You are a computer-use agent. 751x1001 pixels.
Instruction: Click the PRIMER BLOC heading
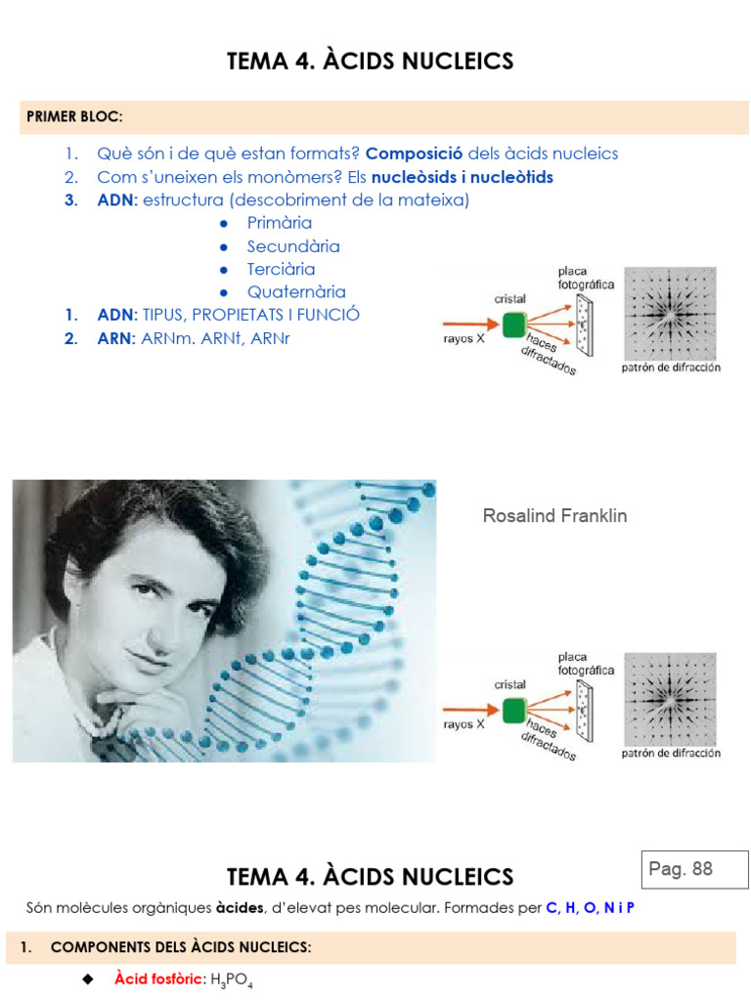74,117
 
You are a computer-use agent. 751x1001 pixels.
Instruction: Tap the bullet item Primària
280,223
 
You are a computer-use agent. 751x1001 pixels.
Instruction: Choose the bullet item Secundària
293,246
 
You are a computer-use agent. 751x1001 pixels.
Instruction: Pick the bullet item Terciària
281,269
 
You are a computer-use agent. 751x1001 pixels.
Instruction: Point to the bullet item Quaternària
296,291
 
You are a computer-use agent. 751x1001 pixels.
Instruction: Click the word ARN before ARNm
115,338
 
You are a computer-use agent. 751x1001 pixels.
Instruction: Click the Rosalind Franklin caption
554,516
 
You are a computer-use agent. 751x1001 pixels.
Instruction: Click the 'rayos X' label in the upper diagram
464,339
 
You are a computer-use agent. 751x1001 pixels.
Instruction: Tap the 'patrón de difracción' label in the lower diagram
671,754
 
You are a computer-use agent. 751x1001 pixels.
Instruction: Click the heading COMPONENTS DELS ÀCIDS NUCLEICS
181,947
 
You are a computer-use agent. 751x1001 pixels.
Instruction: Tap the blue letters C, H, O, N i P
591,908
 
